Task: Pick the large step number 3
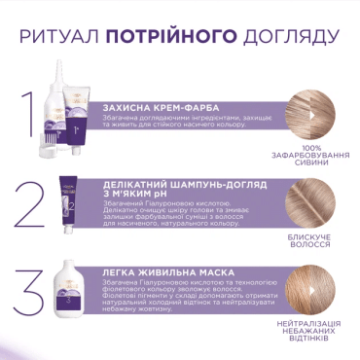click(x=34, y=293)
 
